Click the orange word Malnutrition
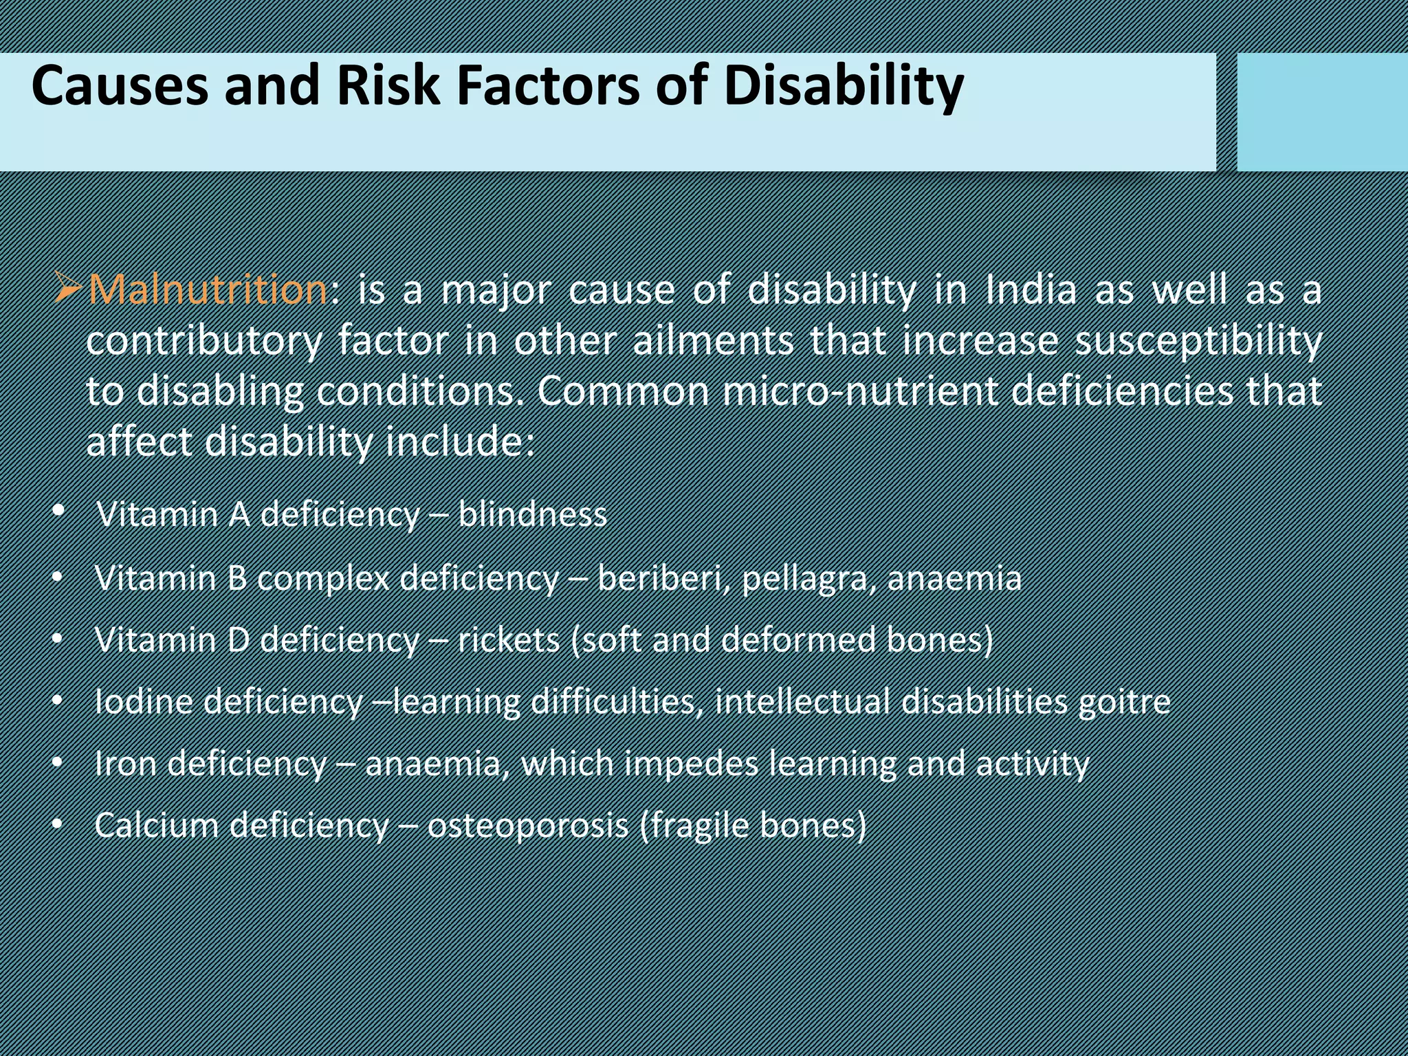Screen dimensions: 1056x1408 pyautogui.click(x=208, y=290)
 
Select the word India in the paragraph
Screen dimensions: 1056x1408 pyautogui.click(x=1031, y=290)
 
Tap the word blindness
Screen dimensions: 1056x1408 pyautogui.click(x=533, y=514)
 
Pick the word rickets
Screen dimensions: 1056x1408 pyautogui.click(x=509, y=640)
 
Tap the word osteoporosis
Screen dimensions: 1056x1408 pyautogui.click(x=527, y=825)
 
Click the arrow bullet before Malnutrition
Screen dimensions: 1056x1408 pyautogui.click(x=69, y=290)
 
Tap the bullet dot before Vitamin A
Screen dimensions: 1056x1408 pyautogui.click(x=58, y=511)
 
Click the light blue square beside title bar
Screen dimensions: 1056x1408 pyautogui.click(x=1321, y=112)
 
